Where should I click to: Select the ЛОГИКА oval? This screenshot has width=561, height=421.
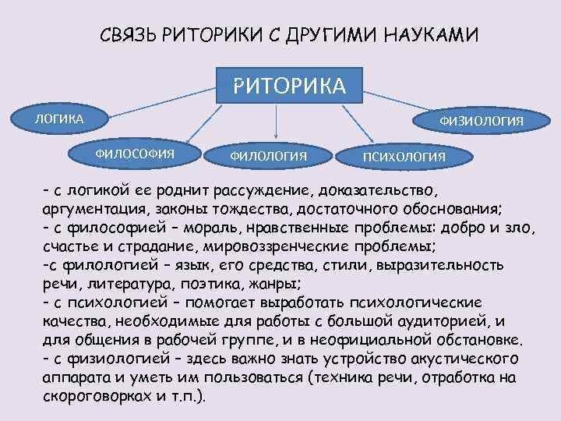point(58,119)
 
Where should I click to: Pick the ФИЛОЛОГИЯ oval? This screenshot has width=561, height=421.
point(268,156)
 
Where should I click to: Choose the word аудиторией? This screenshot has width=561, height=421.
point(443,320)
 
